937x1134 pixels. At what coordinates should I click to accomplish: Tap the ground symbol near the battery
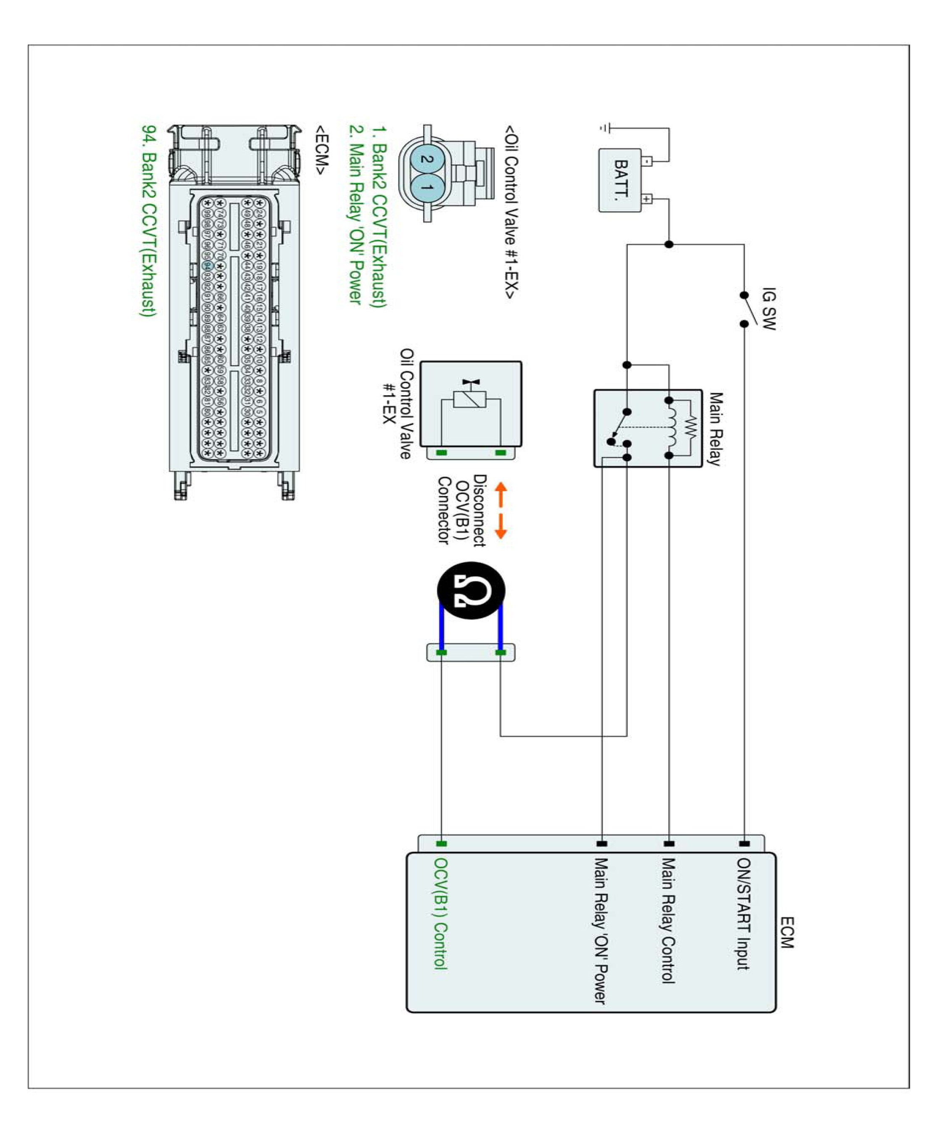(605, 129)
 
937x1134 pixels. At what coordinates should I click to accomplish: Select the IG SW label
(768, 309)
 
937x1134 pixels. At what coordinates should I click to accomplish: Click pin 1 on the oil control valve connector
(427, 188)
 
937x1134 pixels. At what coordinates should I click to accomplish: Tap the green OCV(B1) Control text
(440, 914)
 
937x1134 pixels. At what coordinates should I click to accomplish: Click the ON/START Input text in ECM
(744, 914)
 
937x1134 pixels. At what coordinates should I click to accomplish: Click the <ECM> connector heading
(321, 150)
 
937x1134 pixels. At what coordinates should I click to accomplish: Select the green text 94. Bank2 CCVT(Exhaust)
(148, 221)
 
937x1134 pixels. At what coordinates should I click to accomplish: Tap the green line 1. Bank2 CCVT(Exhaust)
(380, 217)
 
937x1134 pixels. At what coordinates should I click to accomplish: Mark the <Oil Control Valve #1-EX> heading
(511, 212)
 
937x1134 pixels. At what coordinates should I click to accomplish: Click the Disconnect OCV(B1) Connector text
(461, 510)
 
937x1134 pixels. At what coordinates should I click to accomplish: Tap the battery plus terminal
(647, 199)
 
